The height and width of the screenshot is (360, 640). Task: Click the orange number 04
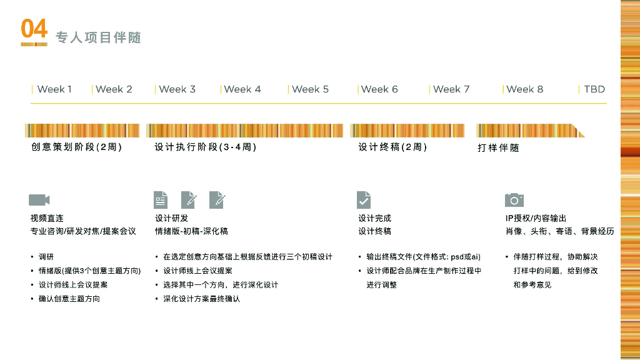pos(34,29)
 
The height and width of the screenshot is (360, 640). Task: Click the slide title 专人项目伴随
pos(99,37)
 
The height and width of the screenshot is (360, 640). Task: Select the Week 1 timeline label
pos(54,89)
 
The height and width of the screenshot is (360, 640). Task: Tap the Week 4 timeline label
pos(242,89)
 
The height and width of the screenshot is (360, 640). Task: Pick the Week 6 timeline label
pos(379,89)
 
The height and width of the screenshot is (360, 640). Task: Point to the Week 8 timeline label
pos(524,89)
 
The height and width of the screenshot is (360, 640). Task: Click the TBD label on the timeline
pos(594,89)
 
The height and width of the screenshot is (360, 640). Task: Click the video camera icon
pos(39,200)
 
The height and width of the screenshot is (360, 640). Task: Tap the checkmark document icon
pos(364,200)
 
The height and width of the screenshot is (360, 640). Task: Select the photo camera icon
pos(514,200)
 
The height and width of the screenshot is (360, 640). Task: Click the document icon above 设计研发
pos(161,200)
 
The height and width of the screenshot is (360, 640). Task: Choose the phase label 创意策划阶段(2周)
pos(76,147)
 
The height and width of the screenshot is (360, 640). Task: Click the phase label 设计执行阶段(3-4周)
pos(205,147)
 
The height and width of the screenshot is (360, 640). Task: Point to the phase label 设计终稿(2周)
pos(392,147)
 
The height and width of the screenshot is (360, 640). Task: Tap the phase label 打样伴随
pos(498,148)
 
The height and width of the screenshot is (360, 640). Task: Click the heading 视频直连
pos(47,218)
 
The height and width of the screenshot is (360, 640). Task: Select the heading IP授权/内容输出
pos(536,218)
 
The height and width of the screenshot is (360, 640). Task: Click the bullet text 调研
pos(46,257)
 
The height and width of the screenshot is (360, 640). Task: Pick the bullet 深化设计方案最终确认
pos(201,299)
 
